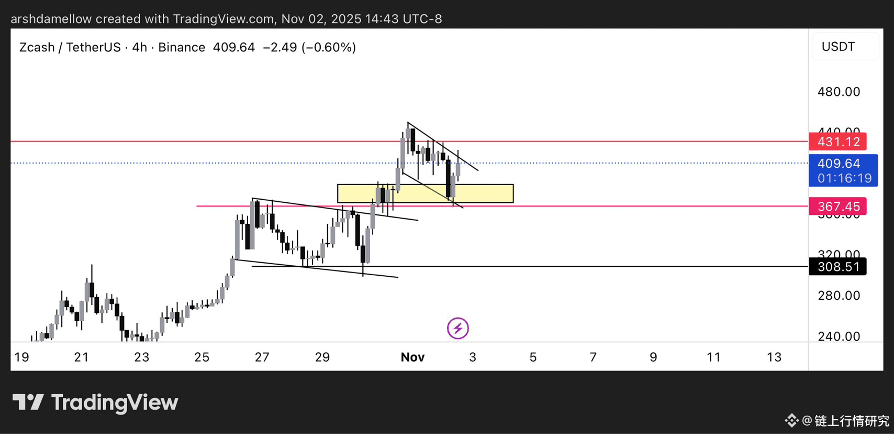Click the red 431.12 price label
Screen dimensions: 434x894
coord(837,142)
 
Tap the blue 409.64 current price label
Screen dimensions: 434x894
coord(839,164)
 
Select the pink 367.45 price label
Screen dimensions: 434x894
coord(837,207)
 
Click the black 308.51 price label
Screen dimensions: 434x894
coord(837,267)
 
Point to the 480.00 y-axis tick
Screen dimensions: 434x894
coord(839,92)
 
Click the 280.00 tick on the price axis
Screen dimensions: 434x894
coord(839,296)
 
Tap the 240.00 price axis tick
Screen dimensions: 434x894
coord(839,337)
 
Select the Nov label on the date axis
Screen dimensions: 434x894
coord(412,357)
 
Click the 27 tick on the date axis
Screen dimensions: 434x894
coord(262,357)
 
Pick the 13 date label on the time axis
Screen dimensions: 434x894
coord(774,357)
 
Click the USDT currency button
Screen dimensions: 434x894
coord(838,47)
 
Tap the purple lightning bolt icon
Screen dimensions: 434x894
coord(458,329)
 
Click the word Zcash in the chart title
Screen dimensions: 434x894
coord(37,48)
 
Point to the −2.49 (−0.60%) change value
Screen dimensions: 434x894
coord(309,48)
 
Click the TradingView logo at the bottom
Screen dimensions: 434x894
coord(95,403)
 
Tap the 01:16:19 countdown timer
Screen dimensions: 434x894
coord(844,179)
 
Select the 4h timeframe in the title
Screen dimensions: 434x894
coord(139,48)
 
